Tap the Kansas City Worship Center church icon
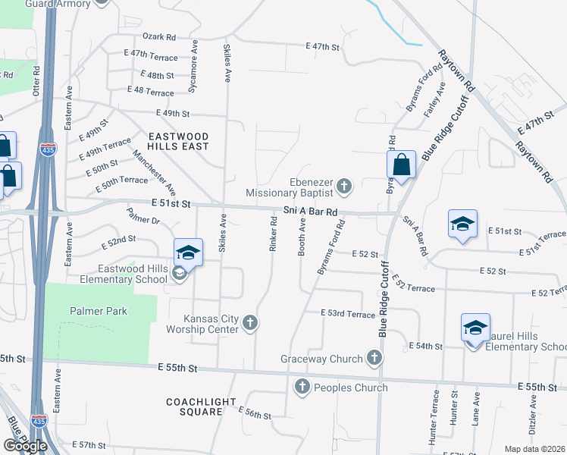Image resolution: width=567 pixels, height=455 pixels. [x=251, y=325]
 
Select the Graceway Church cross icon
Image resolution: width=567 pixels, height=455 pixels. [x=374, y=357]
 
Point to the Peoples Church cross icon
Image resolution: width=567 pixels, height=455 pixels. [x=302, y=388]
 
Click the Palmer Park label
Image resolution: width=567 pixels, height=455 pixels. [x=99, y=311]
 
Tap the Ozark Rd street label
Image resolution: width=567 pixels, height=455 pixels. [x=159, y=36]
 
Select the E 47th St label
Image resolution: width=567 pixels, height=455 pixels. [x=322, y=46]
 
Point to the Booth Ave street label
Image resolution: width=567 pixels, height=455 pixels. [x=302, y=237]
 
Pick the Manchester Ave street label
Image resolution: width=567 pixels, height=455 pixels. [x=155, y=173]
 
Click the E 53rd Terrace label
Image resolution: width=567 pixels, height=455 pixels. [x=348, y=313]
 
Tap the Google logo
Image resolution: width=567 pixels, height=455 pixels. [x=25, y=446]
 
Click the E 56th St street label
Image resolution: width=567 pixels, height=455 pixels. [x=254, y=413]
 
